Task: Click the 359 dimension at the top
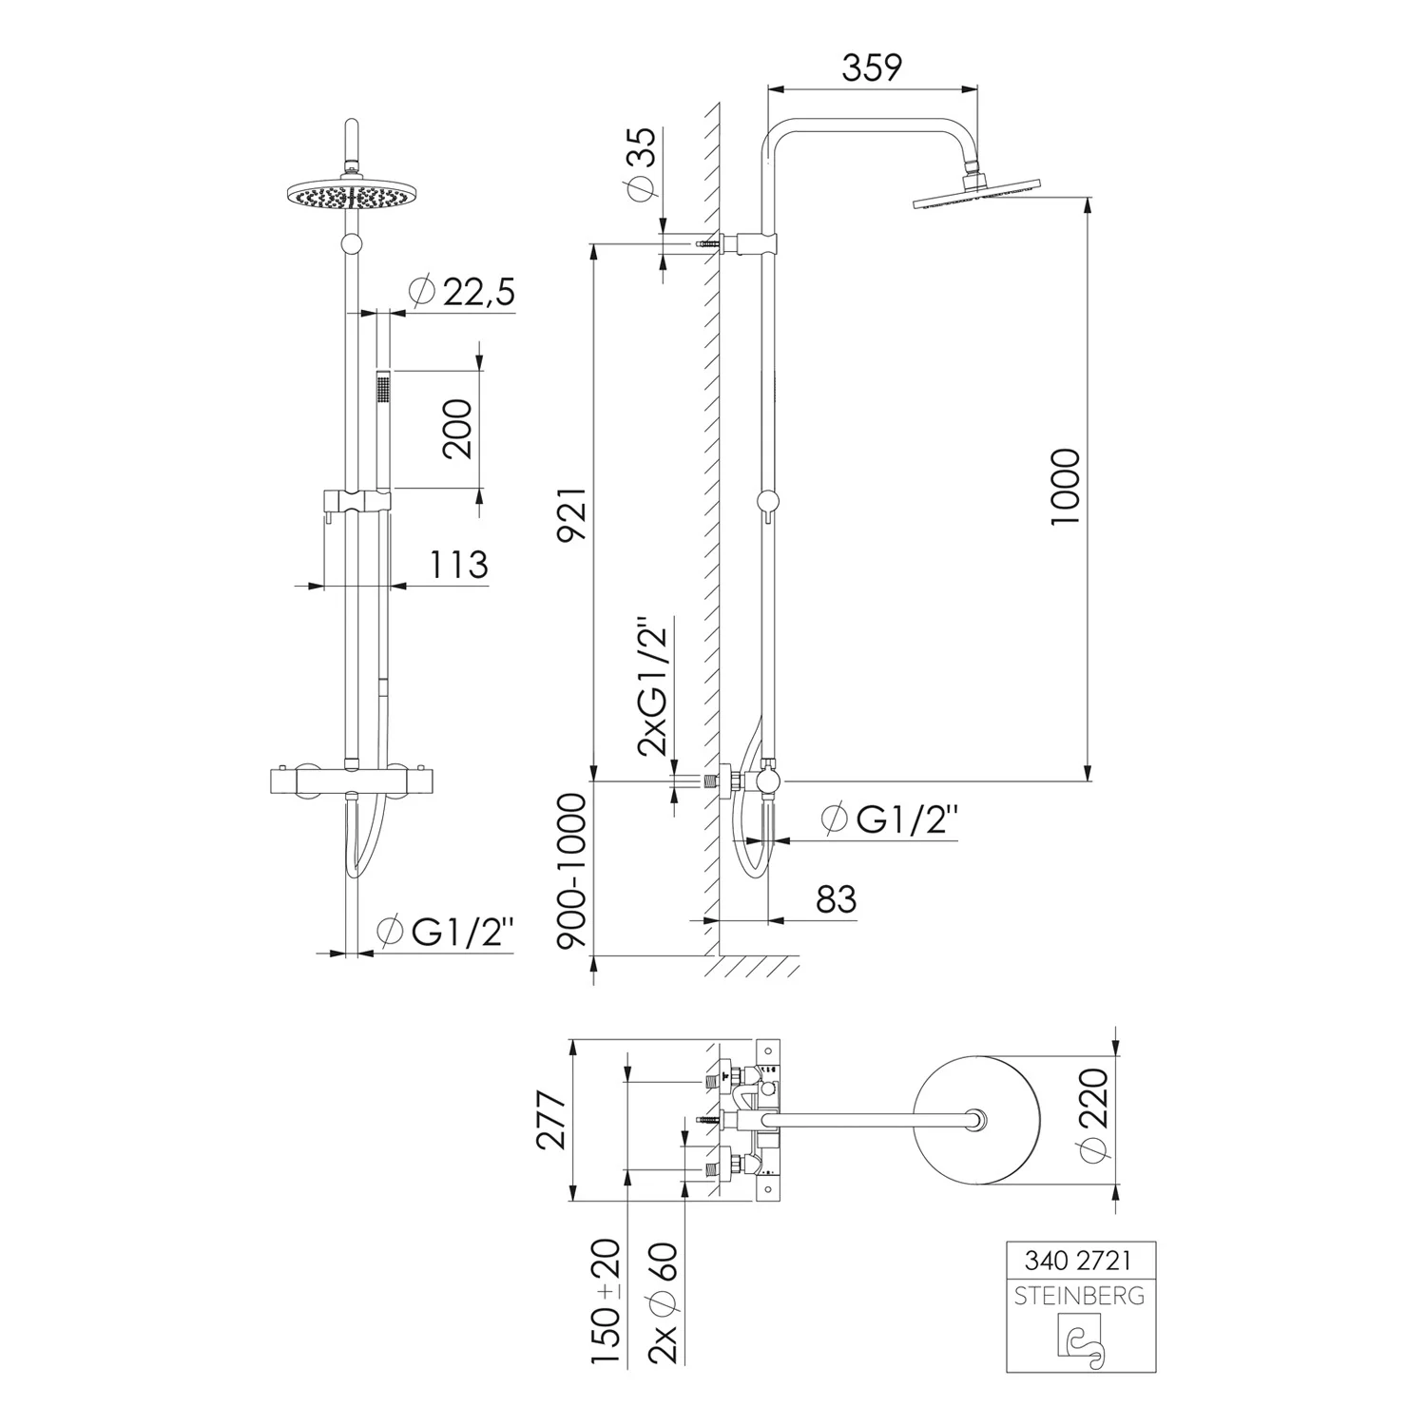pyautogui.click(x=872, y=67)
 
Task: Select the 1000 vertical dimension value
pyautogui.click(x=1067, y=487)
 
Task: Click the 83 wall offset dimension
pyautogui.click(x=837, y=898)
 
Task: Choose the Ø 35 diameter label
pyautogui.click(x=643, y=163)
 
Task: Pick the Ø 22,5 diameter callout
pyautogui.click(x=461, y=292)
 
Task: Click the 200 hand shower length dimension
pyautogui.click(x=458, y=428)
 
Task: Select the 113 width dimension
pyautogui.click(x=458, y=565)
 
